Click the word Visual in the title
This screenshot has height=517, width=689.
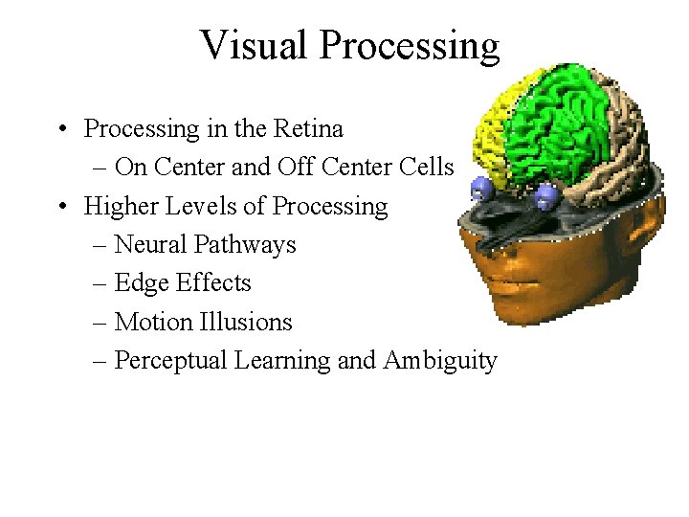(x=256, y=45)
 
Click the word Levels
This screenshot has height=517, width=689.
(x=199, y=206)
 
